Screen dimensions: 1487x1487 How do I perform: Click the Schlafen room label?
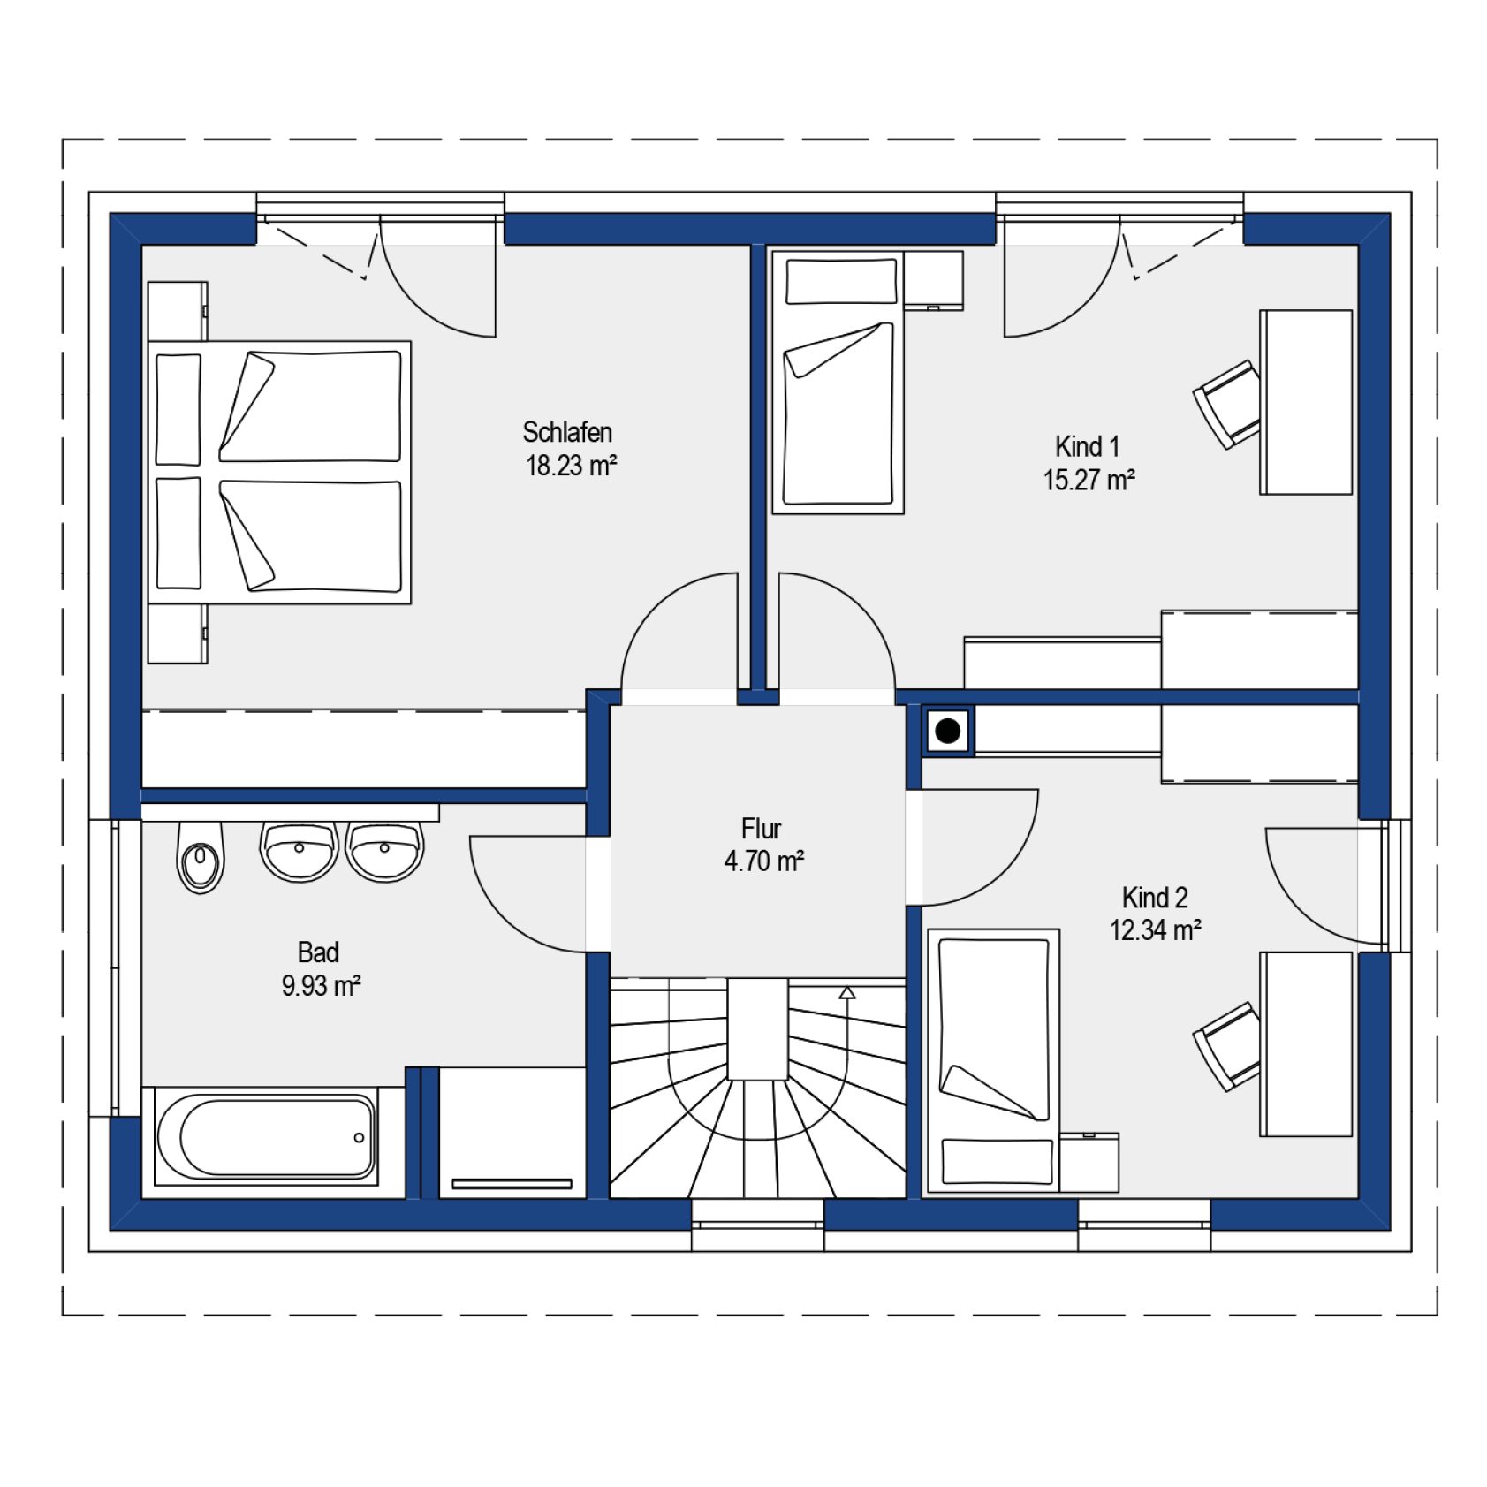tap(566, 432)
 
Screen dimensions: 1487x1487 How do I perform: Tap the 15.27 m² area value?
tap(1088, 480)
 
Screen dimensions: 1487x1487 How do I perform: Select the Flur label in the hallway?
tap(761, 829)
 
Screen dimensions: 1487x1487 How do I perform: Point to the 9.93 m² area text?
tap(320, 985)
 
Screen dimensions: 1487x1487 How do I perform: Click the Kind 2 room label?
tap(1154, 898)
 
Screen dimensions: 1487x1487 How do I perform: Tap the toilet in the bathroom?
tap(201, 857)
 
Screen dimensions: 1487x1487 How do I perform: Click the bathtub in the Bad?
tap(266, 1137)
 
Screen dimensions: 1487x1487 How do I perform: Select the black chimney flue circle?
tap(947, 731)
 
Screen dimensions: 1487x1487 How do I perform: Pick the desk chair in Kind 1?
tap(1226, 404)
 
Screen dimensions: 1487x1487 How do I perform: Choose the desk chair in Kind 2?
tap(1226, 1046)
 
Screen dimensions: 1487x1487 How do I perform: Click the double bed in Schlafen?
tap(279, 473)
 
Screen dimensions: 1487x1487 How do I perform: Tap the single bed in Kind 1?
tap(838, 382)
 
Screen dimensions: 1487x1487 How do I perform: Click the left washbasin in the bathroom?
tap(299, 852)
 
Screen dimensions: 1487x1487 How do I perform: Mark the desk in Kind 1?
tap(1306, 402)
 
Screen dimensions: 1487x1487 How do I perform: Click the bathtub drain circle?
tap(359, 1137)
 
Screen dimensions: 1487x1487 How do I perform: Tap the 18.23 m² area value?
tap(571, 466)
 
